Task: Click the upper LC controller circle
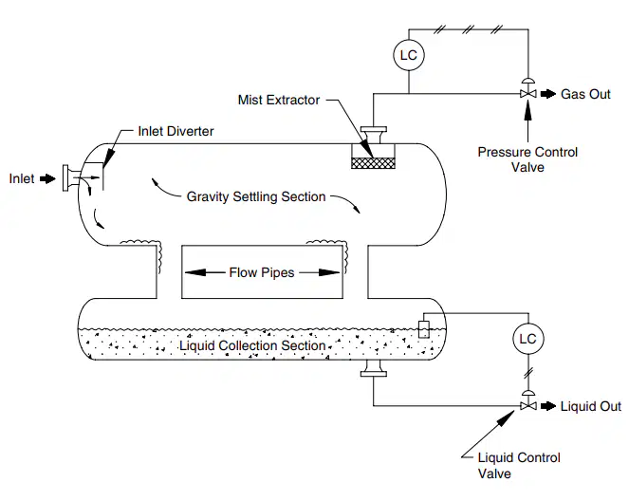408,55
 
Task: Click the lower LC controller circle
527,339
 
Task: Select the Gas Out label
585,94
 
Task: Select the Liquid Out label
590,406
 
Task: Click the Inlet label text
22,178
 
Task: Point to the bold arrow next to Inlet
47,178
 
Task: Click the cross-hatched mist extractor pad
373,163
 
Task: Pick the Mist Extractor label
279,100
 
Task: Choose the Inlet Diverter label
176,131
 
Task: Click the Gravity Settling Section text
256,196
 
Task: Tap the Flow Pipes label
262,272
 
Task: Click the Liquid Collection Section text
252,345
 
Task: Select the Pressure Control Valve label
527,159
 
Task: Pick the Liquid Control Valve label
519,465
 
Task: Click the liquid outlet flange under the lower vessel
374,368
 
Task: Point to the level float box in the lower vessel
424,329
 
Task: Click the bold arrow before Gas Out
548,94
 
